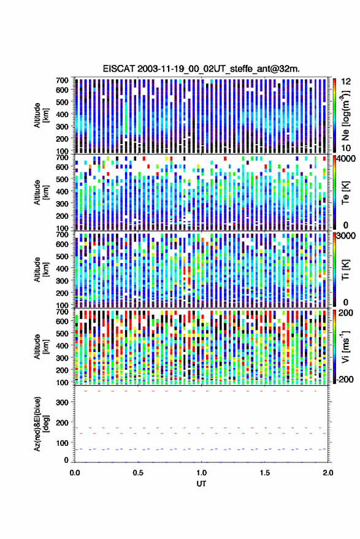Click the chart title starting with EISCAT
201,69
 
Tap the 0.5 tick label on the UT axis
138,473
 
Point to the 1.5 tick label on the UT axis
265,473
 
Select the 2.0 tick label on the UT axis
328,473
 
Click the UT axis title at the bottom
201,484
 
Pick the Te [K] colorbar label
345,193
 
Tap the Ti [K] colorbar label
345,270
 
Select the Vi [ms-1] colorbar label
345,346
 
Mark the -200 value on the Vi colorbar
345,379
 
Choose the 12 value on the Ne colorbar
347,82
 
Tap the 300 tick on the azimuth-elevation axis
62,402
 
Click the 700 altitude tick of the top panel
62,80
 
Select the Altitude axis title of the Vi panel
41,346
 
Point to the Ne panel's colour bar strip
334,115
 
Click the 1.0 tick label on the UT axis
202,473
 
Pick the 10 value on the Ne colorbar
347,148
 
